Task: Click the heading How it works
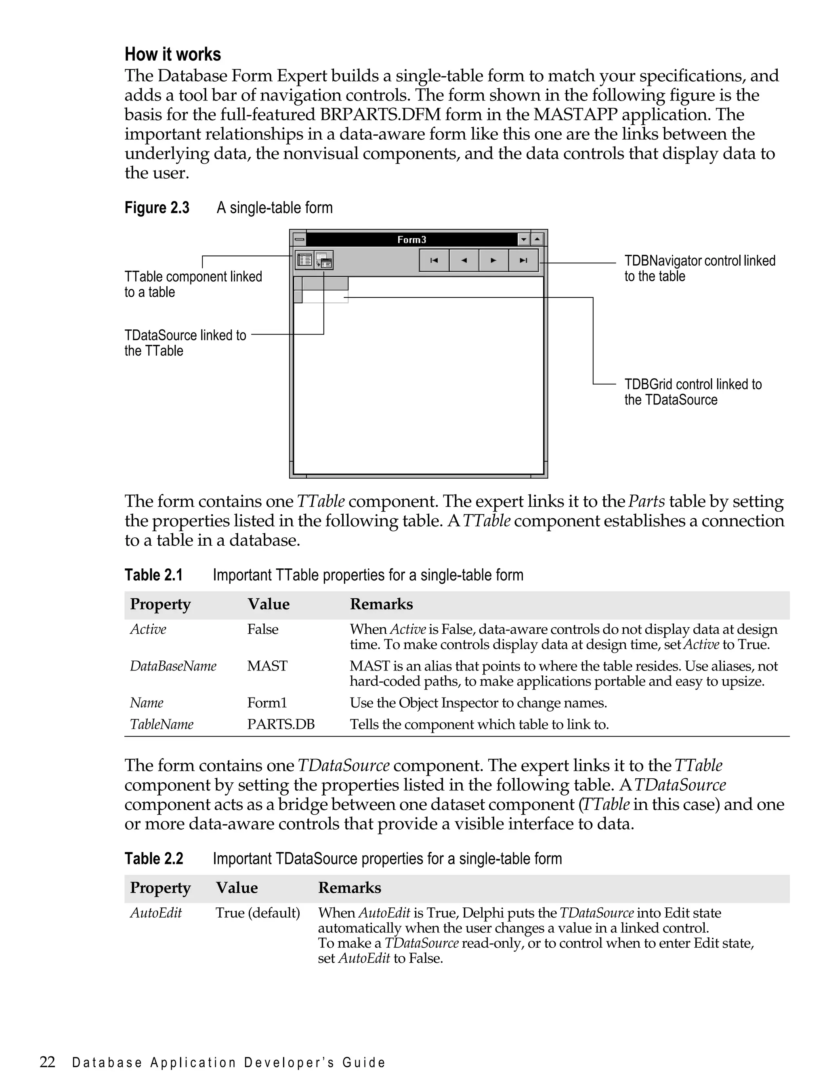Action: (172, 54)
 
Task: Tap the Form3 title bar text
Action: (411, 240)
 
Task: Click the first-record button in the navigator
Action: (434, 260)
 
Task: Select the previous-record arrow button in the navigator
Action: (464, 260)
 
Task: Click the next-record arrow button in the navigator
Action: (493, 260)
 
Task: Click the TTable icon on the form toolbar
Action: (304, 260)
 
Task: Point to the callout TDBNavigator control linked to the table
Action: (699, 268)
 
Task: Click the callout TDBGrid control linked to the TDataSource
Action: (692, 392)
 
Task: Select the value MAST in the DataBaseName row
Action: (267, 666)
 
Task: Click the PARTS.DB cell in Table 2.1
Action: (281, 724)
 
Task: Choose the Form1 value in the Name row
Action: (267, 703)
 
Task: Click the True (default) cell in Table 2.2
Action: (258, 913)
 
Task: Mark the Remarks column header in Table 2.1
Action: (381, 604)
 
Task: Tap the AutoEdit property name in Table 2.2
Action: (155, 913)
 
